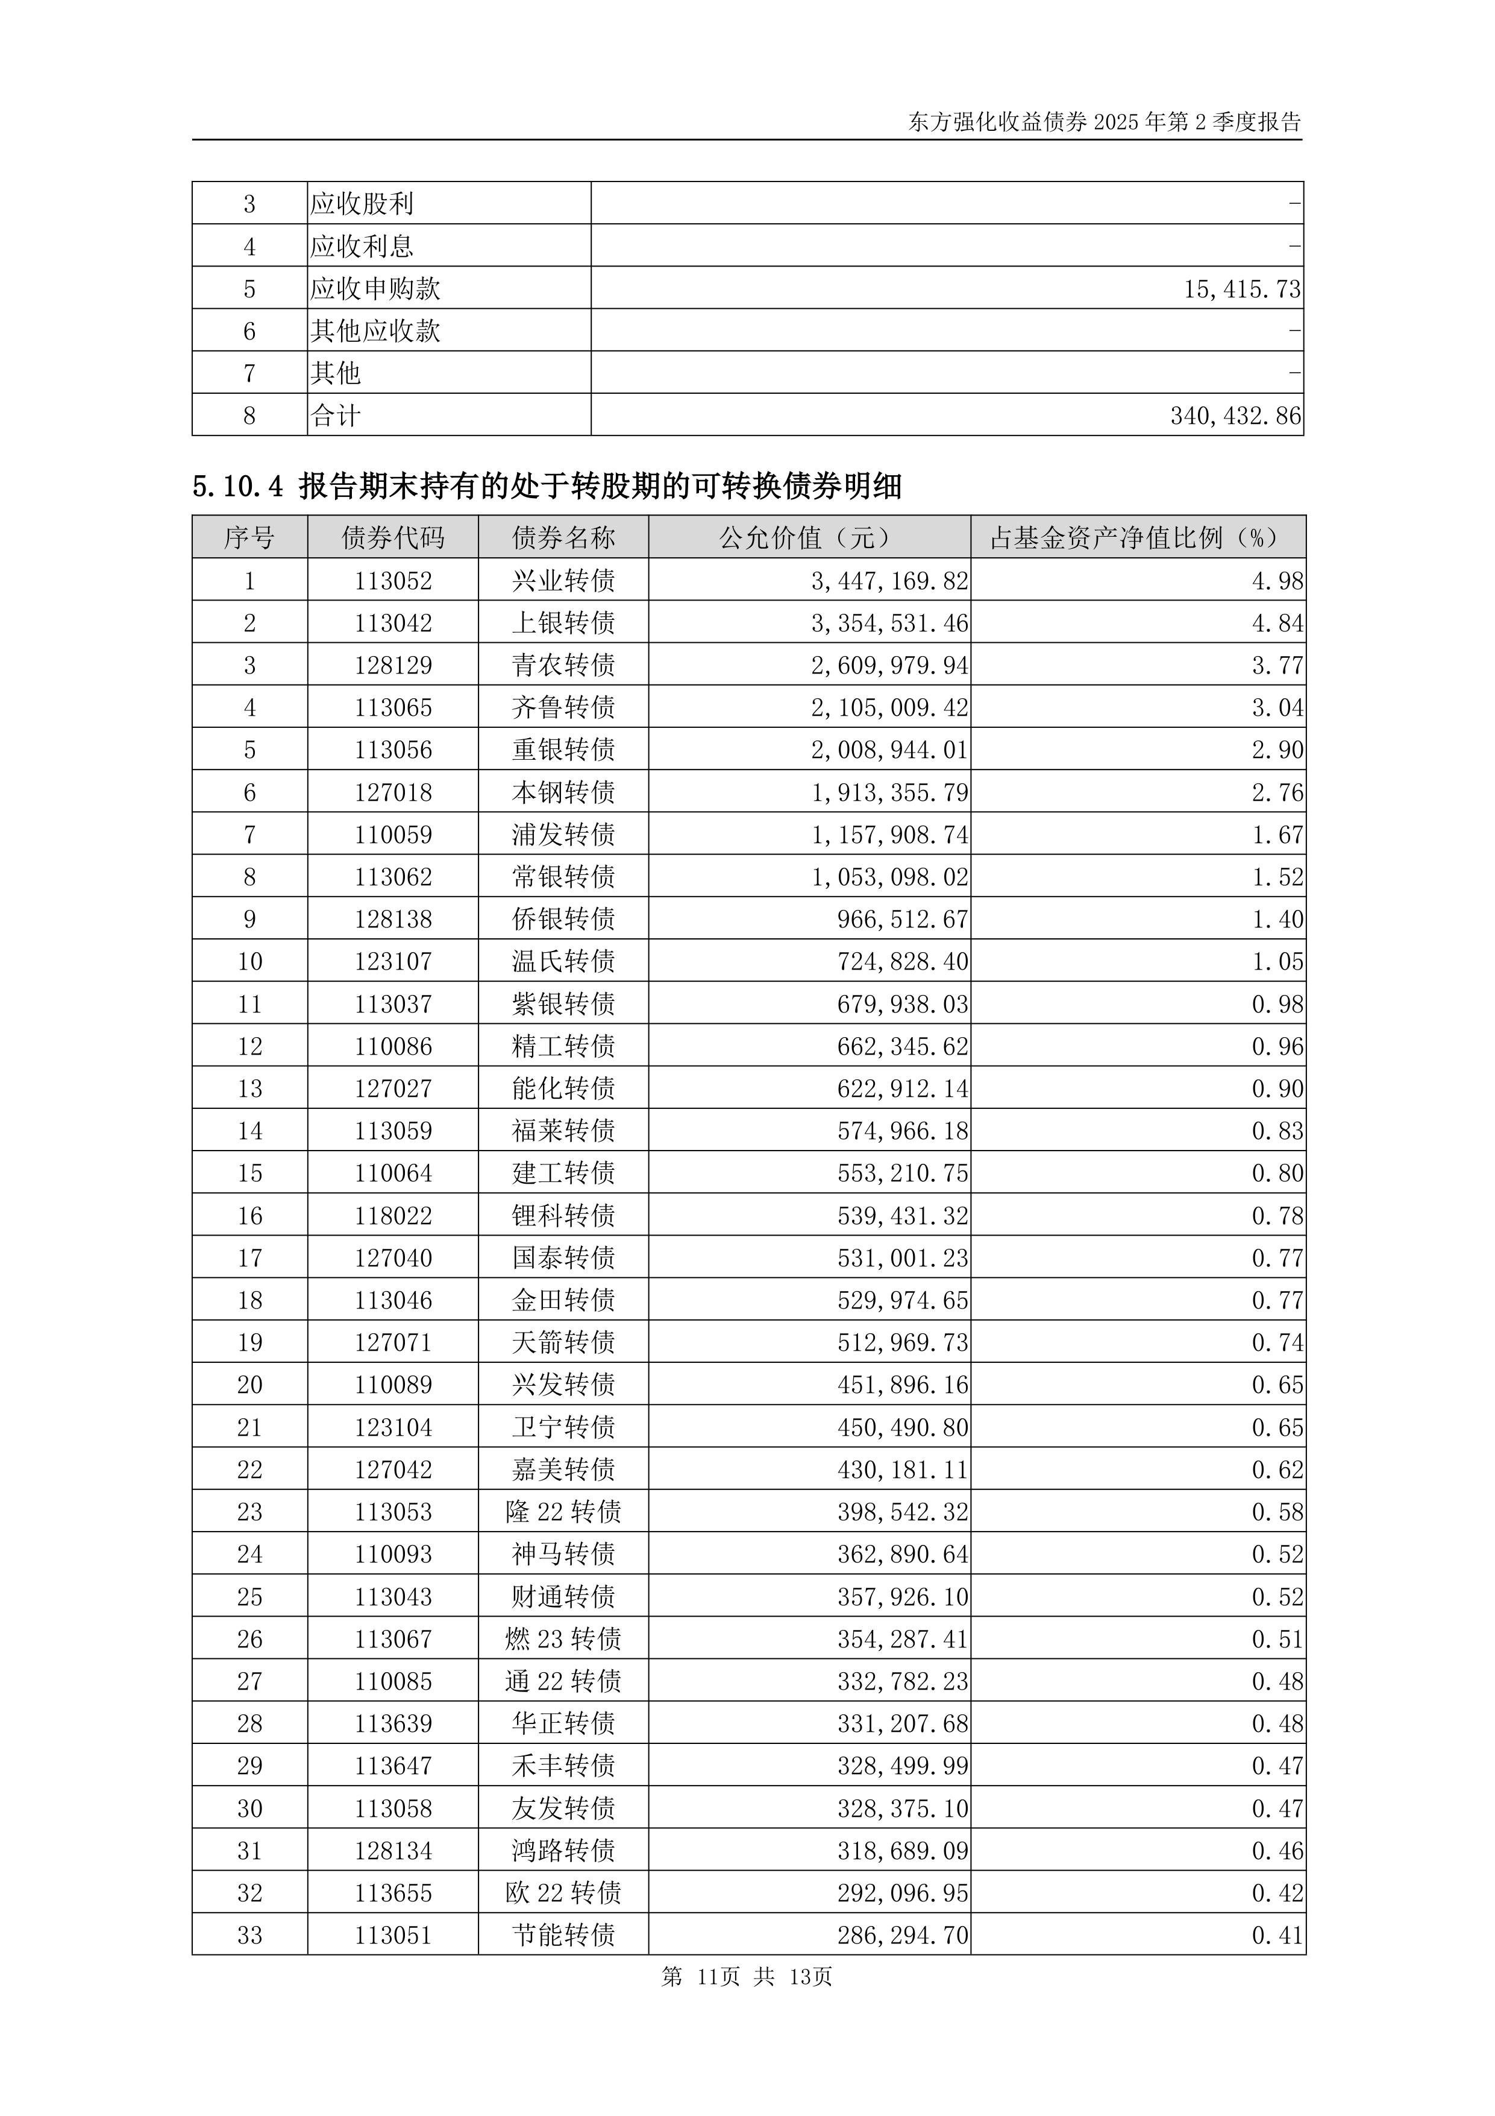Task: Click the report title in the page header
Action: coord(1103,122)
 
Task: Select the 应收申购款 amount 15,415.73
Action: coord(1242,289)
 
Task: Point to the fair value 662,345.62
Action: coord(902,1047)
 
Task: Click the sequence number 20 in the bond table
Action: coord(249,1385)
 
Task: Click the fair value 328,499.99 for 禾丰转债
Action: coord(902,1767)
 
